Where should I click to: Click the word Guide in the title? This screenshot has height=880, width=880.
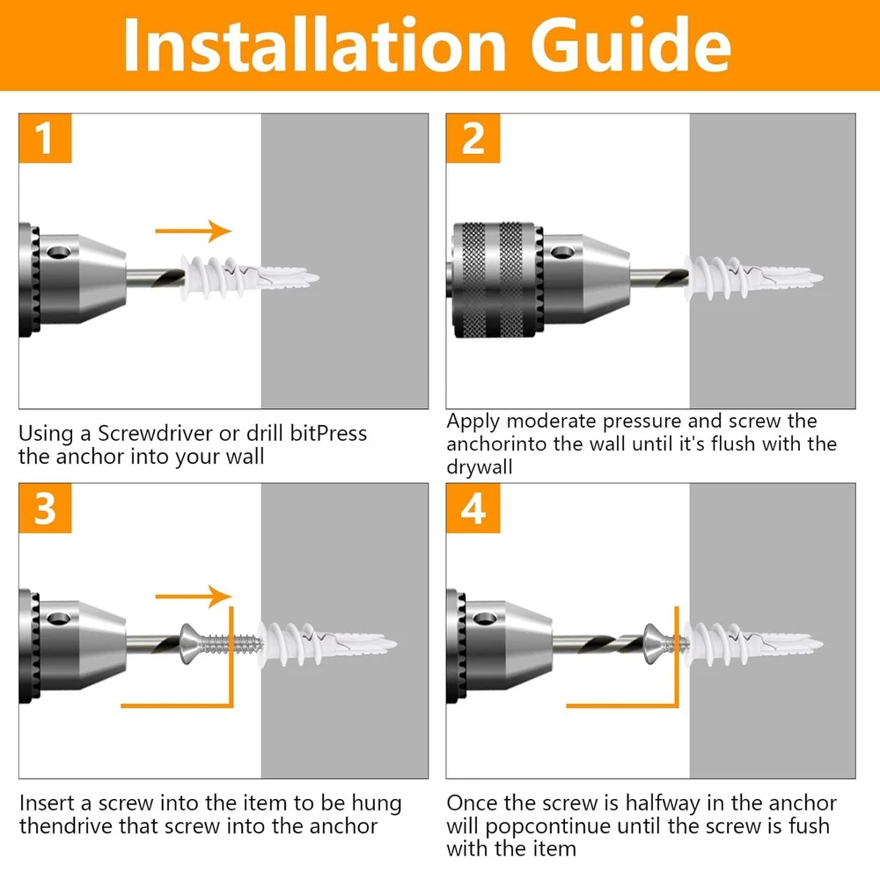point(630,45)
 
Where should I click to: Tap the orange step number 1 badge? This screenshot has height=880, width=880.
point(45,138)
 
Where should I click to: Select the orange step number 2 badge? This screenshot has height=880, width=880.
point(473,138)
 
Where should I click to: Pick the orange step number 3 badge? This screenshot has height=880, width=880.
point(45,508)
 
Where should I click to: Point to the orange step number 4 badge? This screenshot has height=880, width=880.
point(473,508)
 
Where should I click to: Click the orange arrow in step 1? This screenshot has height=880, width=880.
point(193,231)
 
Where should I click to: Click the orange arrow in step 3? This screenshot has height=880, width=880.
point(193,596)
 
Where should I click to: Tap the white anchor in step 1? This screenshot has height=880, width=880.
point(249,278)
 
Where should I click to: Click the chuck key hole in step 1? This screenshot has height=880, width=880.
point(58,253)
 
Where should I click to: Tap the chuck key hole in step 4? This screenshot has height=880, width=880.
point(485,619)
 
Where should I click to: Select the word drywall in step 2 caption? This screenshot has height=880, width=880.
point(480,467)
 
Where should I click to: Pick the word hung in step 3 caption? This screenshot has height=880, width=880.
point(376,803)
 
